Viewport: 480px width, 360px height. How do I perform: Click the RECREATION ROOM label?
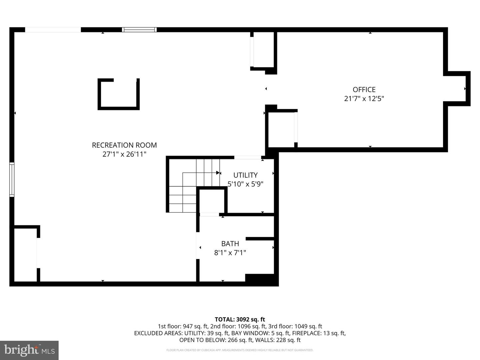click(124, 145)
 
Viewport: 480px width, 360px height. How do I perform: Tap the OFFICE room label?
click(364, 89)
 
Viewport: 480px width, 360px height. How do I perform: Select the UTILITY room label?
click(245, 175)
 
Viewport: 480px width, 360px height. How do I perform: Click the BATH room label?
click(230, 244)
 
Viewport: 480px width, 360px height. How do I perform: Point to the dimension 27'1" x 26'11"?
click(124, 154)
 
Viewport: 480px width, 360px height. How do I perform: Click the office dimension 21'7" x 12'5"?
click(364, 99)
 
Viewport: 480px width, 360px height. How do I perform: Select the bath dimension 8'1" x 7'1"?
click(230, 253)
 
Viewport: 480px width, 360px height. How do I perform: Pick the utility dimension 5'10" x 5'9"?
click(245, 184)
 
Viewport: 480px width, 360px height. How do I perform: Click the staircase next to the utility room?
click(193, 187)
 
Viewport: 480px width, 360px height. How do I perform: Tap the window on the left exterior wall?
click(12, 179)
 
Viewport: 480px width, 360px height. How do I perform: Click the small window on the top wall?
click(139, 30)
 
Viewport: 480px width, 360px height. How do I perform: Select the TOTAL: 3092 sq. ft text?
click(240, 319)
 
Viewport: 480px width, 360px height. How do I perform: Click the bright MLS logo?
click(29, 350)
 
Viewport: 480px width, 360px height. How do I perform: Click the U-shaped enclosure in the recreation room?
click(118, 94)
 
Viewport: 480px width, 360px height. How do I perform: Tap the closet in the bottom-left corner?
click(25, 255)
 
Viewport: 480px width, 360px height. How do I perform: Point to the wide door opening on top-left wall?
click(53, 30)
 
